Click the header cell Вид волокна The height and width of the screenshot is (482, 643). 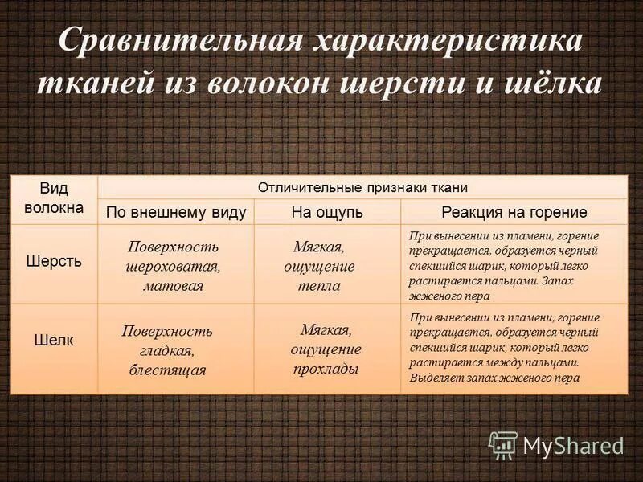click(x=53, y=198)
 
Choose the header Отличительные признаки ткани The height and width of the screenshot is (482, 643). click(x=362, y=187)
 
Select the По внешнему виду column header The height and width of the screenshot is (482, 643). click(x=176, y=213)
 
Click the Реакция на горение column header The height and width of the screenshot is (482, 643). click(x=514, y=213)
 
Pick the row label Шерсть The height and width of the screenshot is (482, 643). click(x=53, y=262)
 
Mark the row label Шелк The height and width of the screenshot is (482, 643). click(x=53, y=340)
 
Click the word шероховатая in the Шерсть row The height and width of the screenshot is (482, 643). click(x=174, y=266)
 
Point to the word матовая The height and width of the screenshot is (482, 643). click(x=174, y=285)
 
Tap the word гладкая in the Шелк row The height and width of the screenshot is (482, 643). click(x=167, y=350)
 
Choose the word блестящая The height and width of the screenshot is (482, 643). click(x=167, y=370)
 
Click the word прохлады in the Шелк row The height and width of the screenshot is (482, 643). click(x=326, y=369)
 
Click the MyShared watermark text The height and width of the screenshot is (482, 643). click(x=573, y=445)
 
